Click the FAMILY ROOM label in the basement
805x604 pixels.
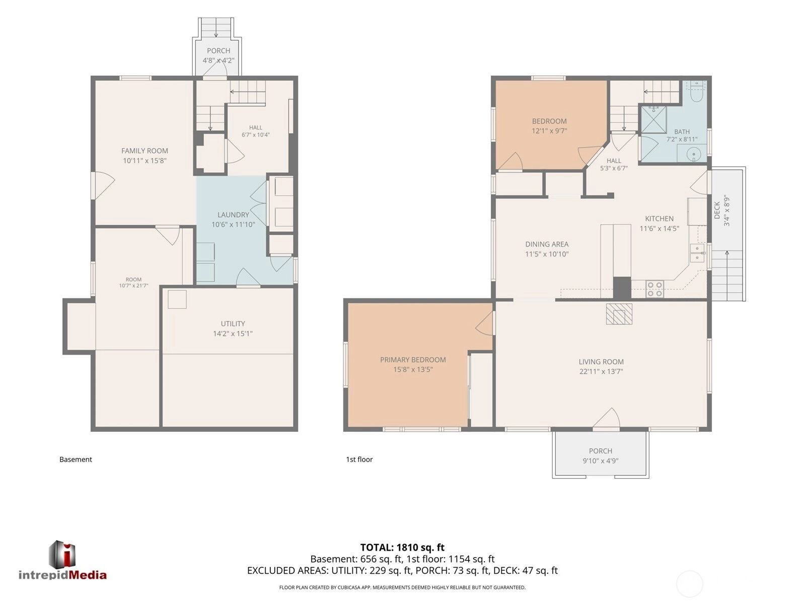(x=144, y=151)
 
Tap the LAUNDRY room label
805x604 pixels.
(x=233, y=215)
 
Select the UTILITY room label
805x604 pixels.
(x=233, y=323)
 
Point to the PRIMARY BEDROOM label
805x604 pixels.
(x=413, y=360)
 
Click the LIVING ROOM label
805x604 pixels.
(x=601, y=362)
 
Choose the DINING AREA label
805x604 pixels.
(x=547, y=244)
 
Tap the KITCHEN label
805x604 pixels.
(x=660, y=219)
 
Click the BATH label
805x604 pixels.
(x=682, y=131)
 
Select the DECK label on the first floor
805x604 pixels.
(x=717, y=210)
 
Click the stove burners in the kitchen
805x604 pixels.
(x=654, y=289)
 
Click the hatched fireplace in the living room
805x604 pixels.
(x=619, y=314)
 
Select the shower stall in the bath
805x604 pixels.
(x=653, y=119)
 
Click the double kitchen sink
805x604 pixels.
(x=697, y=253)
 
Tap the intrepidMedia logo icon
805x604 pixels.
(x=62, y=555)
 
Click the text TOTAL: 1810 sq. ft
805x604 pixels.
(x=402, y=548)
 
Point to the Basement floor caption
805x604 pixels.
(x=76, y=459)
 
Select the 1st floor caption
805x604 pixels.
(x=359, y=459)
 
